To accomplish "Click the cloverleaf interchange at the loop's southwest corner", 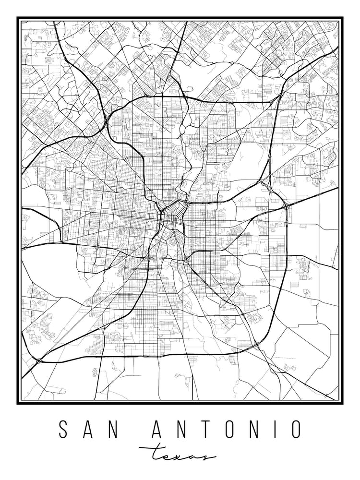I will tap(39, 359).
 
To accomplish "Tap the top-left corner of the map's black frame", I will tap(18, 18).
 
